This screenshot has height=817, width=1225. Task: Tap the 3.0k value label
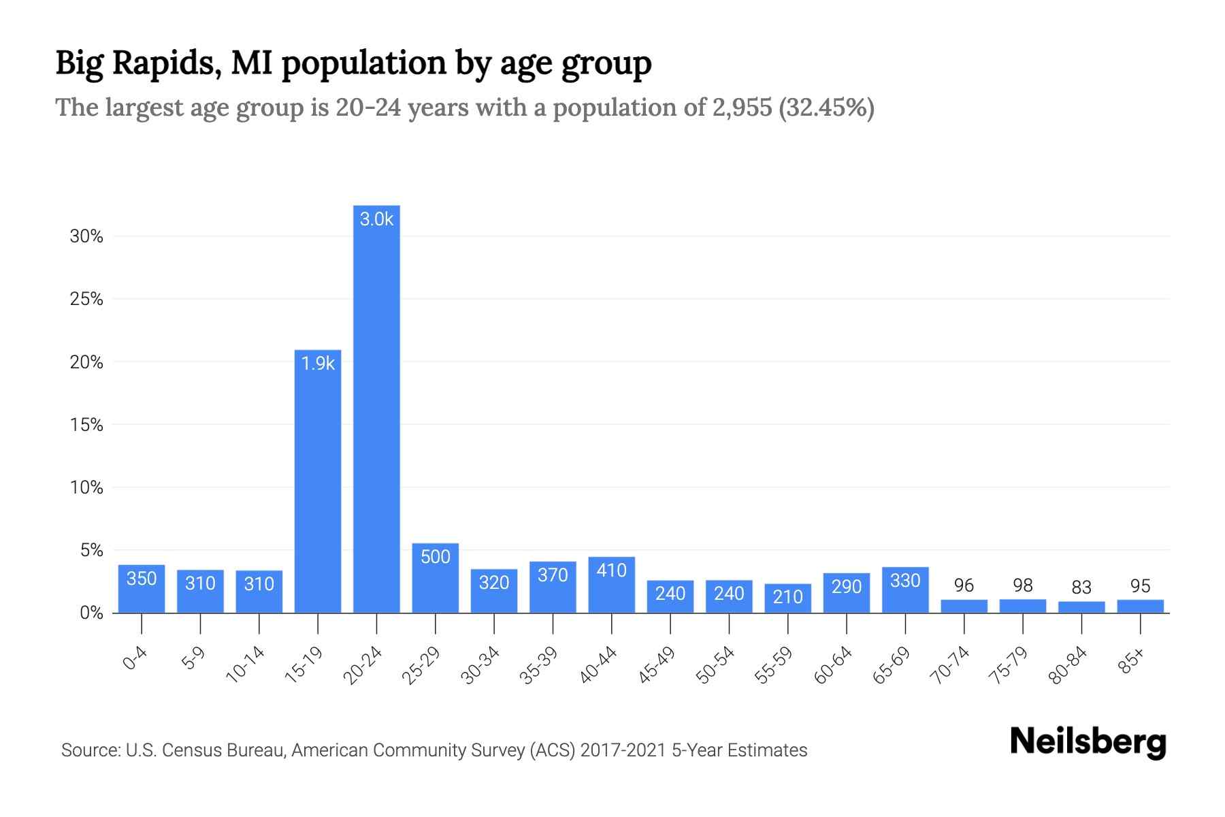[376, 219]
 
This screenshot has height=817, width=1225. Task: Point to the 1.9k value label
[318, 364]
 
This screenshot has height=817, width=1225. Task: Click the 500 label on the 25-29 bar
[436, 557]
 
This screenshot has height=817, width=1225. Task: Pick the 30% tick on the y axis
[86, 237]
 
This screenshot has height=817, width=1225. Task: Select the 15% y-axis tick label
[86, 426]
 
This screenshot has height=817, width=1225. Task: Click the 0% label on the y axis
[91, 613]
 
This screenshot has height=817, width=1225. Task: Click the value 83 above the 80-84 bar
[1081, 587]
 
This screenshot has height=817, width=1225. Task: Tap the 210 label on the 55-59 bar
[787, 597]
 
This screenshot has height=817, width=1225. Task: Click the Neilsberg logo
[1088, 742]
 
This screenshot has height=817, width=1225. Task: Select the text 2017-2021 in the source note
[623, 750]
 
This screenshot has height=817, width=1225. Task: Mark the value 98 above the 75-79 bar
[1022, 586]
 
